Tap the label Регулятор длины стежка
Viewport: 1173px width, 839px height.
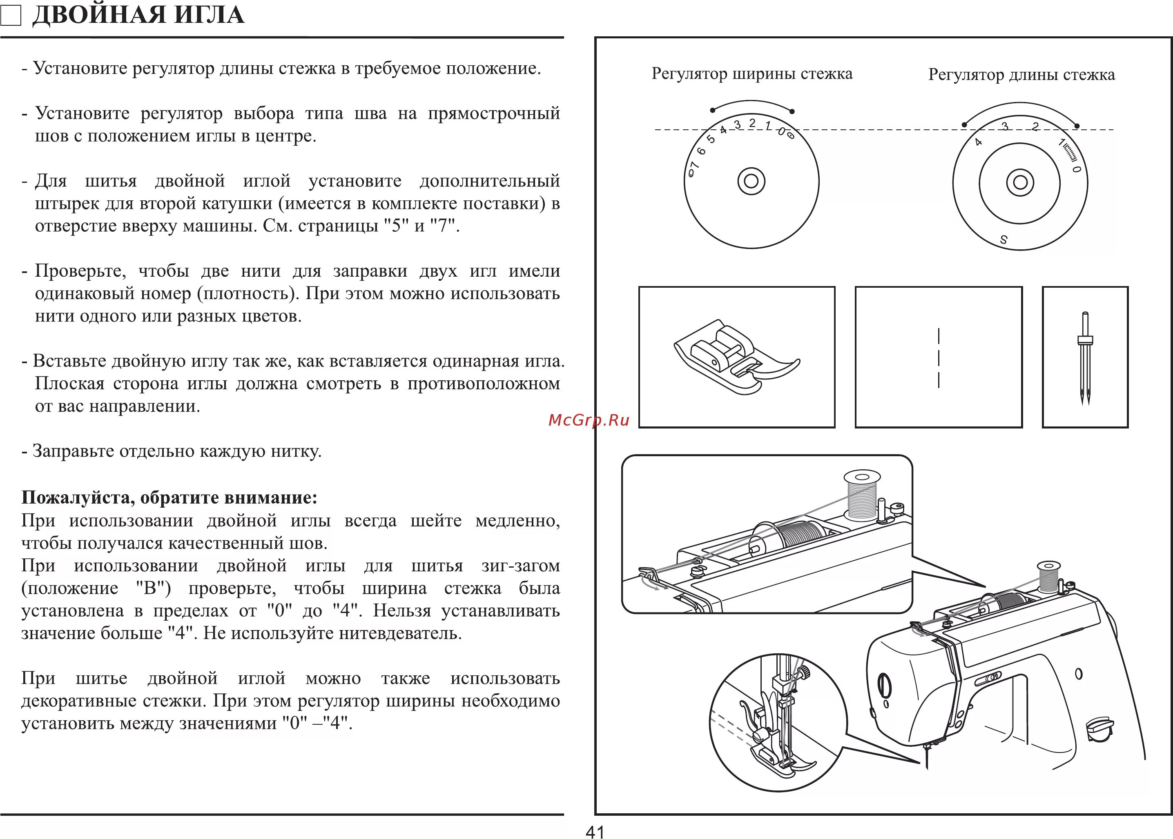pyautogui.click(x=1021, y=75)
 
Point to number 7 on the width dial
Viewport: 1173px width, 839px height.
pyautogui.click(x=694, y=165)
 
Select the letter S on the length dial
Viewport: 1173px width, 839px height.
pyautogui.click(x=1004, y=240)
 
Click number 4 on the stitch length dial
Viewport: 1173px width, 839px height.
pyautogui.click(x=978, y=142)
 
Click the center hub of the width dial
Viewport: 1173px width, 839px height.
pyautogui.click(x=751, y=181)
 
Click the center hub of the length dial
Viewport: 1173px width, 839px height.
pyautogui.click(x=1020, y=182)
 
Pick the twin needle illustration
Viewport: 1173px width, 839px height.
pyautogui.click(x=1085, y=357)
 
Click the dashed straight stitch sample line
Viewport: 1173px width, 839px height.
pyautogui.click(x=938, y=357)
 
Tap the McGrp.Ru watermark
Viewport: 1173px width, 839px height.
pyautogui.click(x=589, y=420)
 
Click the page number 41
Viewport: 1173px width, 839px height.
pyautogui.click(x=595, y=831)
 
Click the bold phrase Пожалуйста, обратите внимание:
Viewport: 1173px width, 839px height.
pyautogui.click(x=169, y=497)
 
